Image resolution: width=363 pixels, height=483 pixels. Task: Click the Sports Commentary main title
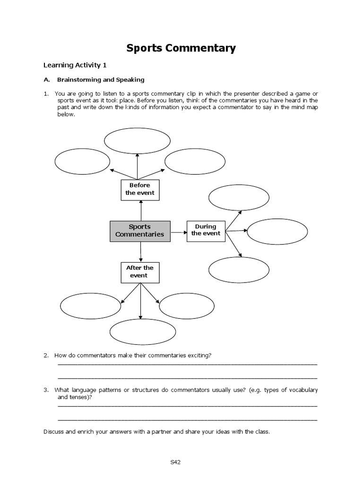click(181, 48)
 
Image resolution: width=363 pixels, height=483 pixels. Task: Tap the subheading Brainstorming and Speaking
click(100, 80)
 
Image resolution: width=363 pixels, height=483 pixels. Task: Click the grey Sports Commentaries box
click(140, 231)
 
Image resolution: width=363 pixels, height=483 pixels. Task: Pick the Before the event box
click(140, 190)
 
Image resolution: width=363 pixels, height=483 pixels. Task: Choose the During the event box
click(206, 230)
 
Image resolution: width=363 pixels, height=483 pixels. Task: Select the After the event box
click(140, 272)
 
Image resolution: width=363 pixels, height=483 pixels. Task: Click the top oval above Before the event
click(137, 141)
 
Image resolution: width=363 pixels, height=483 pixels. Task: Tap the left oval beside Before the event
click(82, 162)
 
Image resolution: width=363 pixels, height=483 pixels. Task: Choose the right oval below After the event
click(187, 306)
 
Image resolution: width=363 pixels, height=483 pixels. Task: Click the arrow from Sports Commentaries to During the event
click(179, 232)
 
